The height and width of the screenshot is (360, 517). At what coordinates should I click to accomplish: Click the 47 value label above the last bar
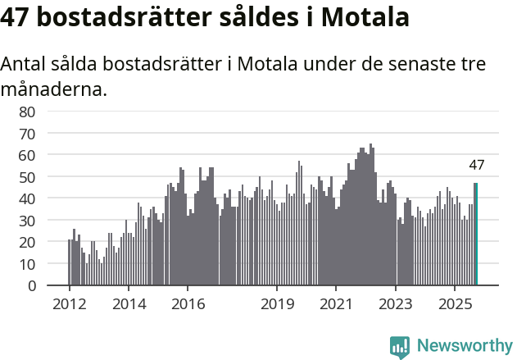pyautogui.click(x=477, y=165)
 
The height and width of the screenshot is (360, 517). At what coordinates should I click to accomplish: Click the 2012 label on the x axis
pyautogui.click(x=69, y=304)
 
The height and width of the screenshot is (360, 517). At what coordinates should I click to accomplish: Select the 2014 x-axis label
pyautogui.click(x=128, y=304)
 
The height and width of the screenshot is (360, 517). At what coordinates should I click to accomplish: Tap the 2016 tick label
pyautogui.click(x=188, y=304)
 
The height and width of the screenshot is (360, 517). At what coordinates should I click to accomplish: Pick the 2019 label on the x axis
pyautogui.click(x=277, y=304)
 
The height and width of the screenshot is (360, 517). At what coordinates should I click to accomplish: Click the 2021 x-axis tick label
pyautogui.click(x=336, y=304)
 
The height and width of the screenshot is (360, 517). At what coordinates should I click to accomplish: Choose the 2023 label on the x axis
pyautogui.click(x=396, y=304)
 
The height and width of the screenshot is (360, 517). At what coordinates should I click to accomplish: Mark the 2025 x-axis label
pyautogui.click(x=455, y=304)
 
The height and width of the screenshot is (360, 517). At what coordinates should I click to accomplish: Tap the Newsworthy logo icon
pyautogui.click(x=400, y=347)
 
